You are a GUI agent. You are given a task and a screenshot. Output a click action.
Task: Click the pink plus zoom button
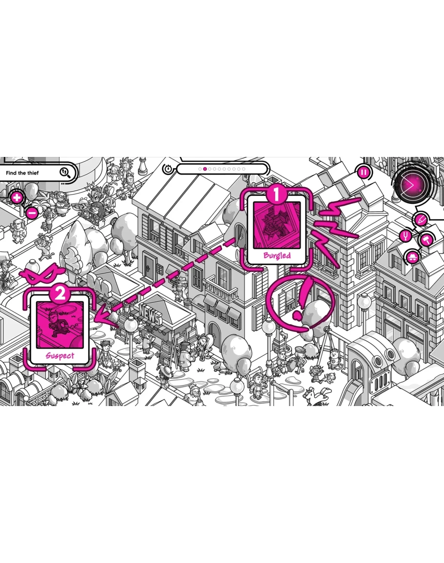click(x=17, y=197)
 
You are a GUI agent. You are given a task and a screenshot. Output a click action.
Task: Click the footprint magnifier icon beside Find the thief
click(x=65, y=172)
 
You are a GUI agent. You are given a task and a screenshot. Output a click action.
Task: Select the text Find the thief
click(x=25, y=173)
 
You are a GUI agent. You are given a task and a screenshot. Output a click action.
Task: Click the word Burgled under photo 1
click(x=277, y=255)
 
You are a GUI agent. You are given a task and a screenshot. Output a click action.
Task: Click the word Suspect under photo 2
click(x=60, y=355)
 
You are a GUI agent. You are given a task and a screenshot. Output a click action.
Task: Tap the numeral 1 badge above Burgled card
click(x=277, y=195)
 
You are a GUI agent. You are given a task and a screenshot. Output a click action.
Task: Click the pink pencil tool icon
click(x=421, y=220)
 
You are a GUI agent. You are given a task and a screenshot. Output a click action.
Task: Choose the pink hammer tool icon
click(x=425, y=239)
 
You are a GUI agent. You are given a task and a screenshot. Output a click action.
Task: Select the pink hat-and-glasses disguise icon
click(x=413, y=256)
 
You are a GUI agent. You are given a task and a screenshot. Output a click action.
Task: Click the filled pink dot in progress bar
click(x=205, y=169)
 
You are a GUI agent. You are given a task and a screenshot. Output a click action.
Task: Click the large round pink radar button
click(x=411, y=185)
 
